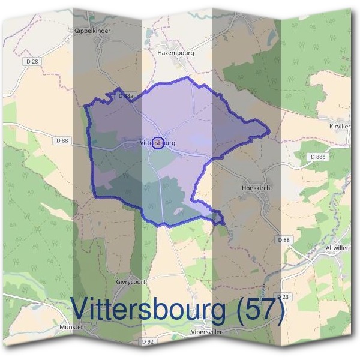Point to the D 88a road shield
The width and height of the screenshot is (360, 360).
click(125, 95)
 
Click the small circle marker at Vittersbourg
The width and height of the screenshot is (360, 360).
click(158, 143)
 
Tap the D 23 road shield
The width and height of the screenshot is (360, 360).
click(283, 298)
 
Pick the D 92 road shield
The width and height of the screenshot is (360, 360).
click(148, 341)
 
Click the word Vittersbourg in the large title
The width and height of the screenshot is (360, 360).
click(151, 310)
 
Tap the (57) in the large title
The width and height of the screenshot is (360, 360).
click(259, 310)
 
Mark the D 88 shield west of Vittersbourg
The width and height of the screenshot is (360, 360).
click(62, 140)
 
